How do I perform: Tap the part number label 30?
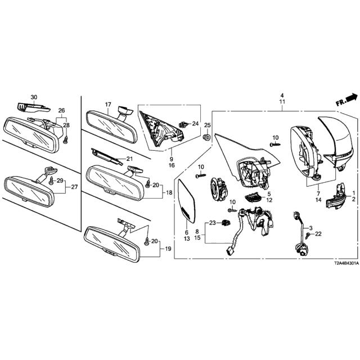(34, 97)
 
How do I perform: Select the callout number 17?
(108, 105)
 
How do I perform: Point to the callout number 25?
(208, 125)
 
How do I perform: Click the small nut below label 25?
(207, 137)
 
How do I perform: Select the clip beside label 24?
(182, 125)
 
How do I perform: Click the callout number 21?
(129, 159)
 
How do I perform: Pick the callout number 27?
(74, 187)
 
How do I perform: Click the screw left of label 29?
(51, 181)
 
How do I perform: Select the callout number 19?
(168, 249)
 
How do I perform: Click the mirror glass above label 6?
(187, 201)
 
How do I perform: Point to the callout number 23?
(213, 223)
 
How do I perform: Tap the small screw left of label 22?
(308, 235)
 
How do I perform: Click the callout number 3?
(311, 228)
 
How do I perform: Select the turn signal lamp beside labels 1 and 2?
(335, 196)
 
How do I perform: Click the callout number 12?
(269, 200)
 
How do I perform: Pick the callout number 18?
(169, 192)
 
